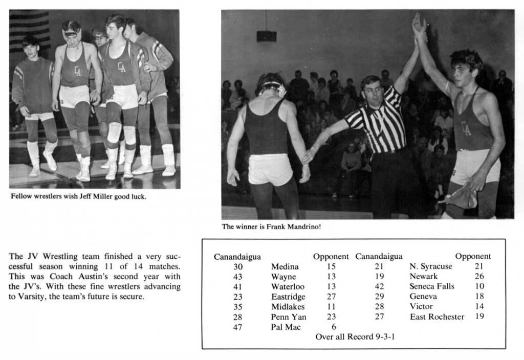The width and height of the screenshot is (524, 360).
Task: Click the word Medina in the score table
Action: tap(285, 266)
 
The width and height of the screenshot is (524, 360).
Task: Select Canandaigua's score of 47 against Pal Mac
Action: tap(237, 327)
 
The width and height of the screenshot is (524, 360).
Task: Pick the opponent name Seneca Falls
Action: tap(432, 286)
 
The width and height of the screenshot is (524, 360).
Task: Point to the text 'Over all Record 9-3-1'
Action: tap(355, 337)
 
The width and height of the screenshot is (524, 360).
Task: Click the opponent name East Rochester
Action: tap(436, 317)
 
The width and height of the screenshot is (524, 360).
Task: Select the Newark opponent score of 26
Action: tap(479, 277)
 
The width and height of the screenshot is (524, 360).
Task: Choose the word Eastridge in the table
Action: tap(288, 297)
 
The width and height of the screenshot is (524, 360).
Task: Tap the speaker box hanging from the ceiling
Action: tap(266, 36)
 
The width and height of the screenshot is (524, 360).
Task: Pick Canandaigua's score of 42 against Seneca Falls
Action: tap(379, 286)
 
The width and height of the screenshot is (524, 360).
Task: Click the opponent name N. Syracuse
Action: tap(431, 266)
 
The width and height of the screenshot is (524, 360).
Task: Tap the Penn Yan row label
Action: tap(289, 317)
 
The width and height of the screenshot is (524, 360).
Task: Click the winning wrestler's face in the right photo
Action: tap(463, 73)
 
